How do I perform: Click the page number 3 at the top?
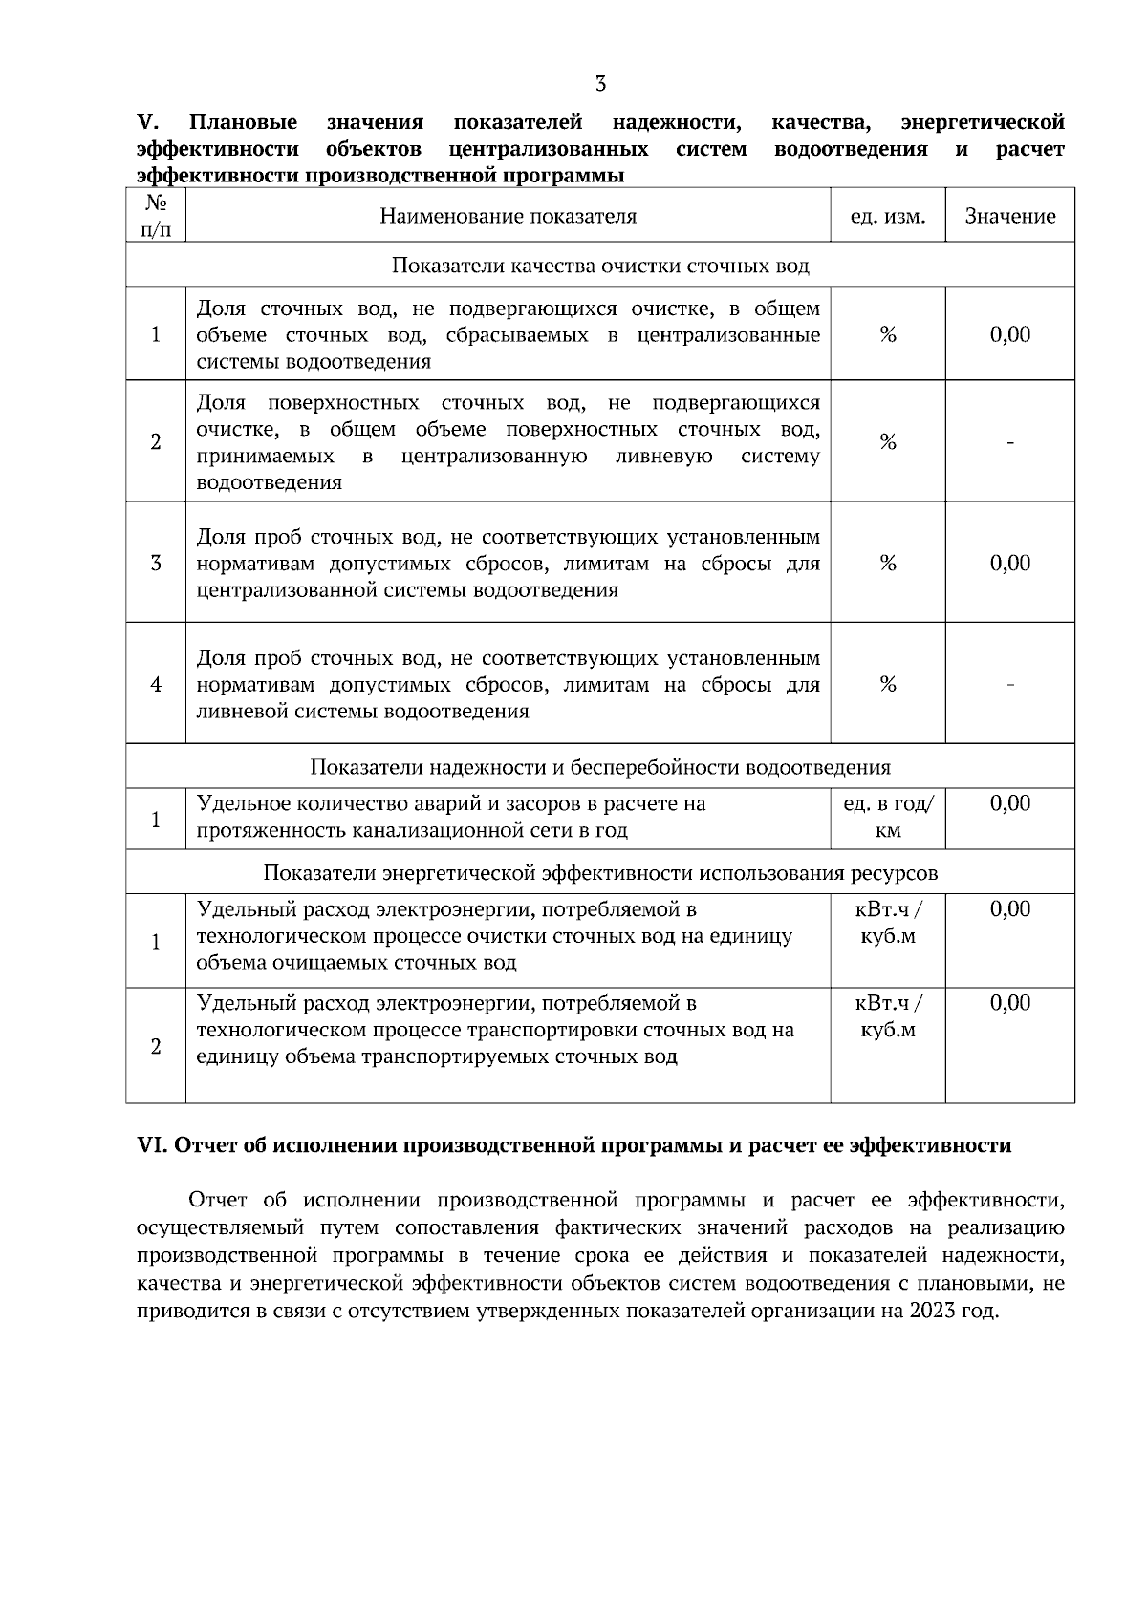pos(600,84)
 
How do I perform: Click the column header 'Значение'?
pos(1010,217)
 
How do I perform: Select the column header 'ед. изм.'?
pos(888,217)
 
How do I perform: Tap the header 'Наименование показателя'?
pos(508,216)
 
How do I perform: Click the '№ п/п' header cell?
pos(156,216)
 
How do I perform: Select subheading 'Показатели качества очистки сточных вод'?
pos(600,266)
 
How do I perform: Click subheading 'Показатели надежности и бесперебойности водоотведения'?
pos(600,767)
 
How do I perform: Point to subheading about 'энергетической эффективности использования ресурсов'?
pos(600,873)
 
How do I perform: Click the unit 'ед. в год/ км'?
pos(888,818)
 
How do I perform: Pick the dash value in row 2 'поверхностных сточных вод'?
pos(1010,442)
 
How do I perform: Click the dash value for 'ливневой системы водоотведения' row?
pos(1010,684)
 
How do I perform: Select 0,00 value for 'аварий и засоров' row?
pos(1010,803)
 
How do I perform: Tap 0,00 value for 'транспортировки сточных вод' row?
pos(1010,1003)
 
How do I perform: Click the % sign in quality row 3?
pos(888,564)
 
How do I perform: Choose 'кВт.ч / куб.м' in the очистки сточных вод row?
pos(888,923)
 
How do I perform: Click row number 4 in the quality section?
pos(156,685)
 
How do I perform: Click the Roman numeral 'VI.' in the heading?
pos(153,1146)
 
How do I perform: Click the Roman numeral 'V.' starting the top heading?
pos(147,123)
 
